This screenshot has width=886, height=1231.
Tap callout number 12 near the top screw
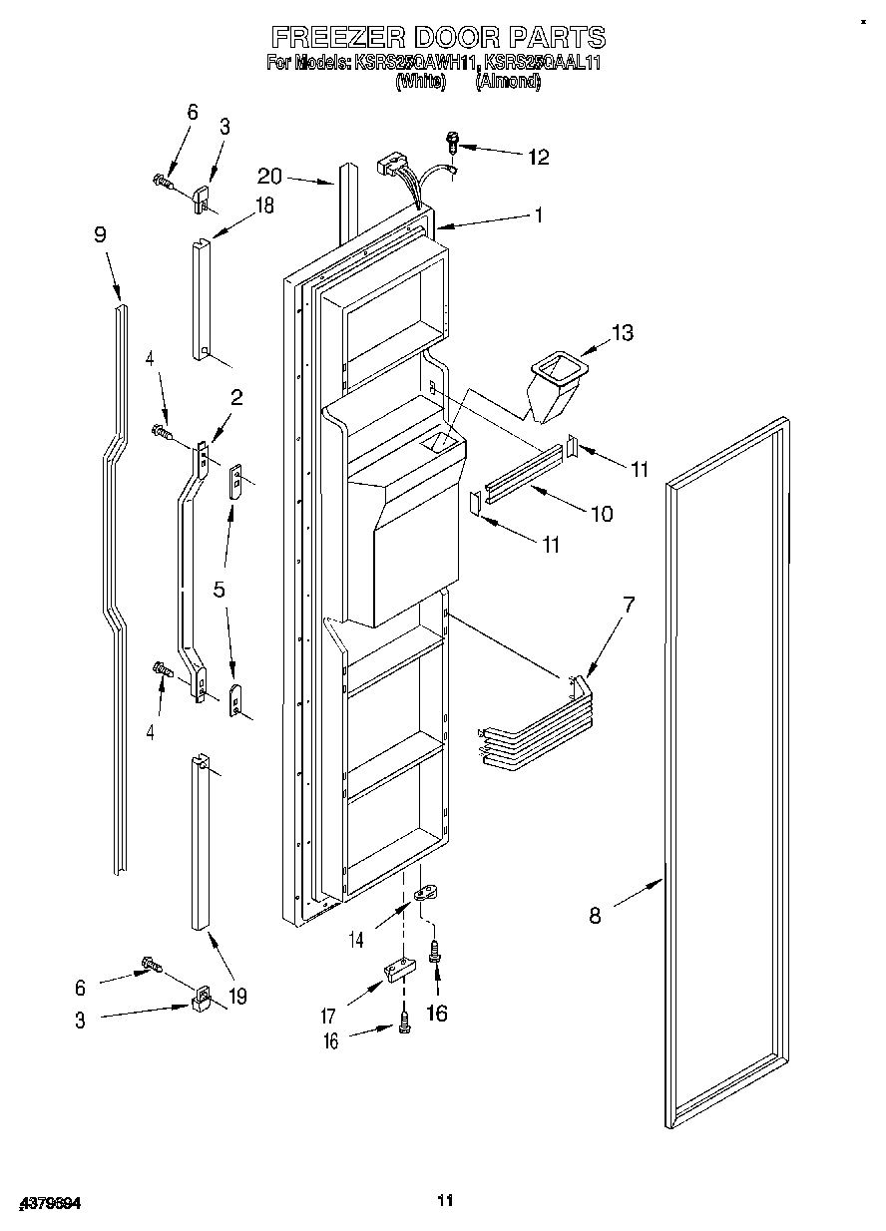(x=538, y=157)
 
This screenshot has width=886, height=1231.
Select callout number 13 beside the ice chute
(x=622, y=333)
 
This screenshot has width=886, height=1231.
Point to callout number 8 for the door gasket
(x=595, y=915)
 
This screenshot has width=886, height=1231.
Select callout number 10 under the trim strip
(x=602, y=514)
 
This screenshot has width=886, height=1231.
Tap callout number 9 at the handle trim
(x=100, y=235)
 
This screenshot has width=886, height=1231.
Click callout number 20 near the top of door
(x=268, y=177)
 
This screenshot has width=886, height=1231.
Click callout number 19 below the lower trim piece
(x=237, y=995)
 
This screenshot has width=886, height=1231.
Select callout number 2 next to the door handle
(x=236, y=397)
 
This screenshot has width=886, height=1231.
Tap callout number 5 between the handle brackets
(x=219, y=589)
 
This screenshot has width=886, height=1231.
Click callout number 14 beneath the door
(x=357, y=939)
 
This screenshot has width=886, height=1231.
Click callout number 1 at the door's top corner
(x=538, y=214)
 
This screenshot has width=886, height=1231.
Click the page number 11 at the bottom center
(x=445, y=1199)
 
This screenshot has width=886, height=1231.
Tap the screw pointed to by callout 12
(x=452, y=143)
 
